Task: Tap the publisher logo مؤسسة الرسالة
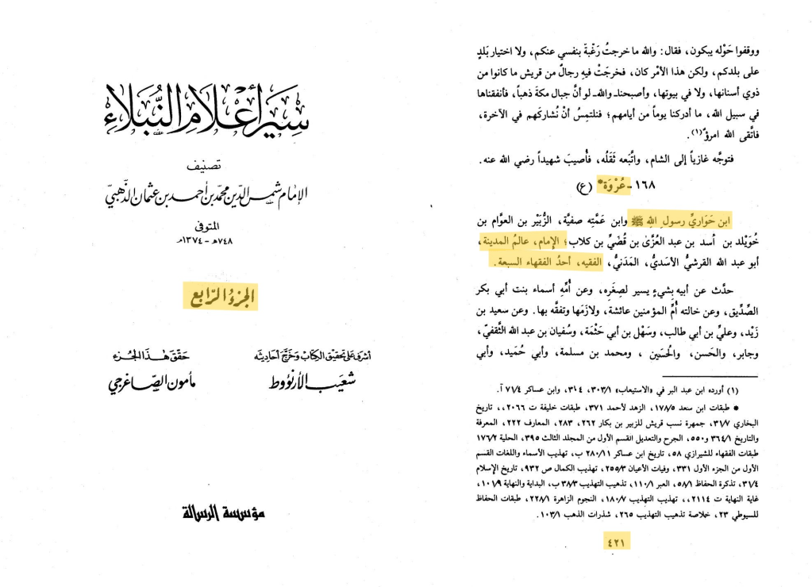pyautogui.click(x=223, y=514)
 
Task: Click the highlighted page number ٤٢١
pyautogui.click(x=617, y=543)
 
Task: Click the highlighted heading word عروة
pyautogui.click(x=613, y=186)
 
